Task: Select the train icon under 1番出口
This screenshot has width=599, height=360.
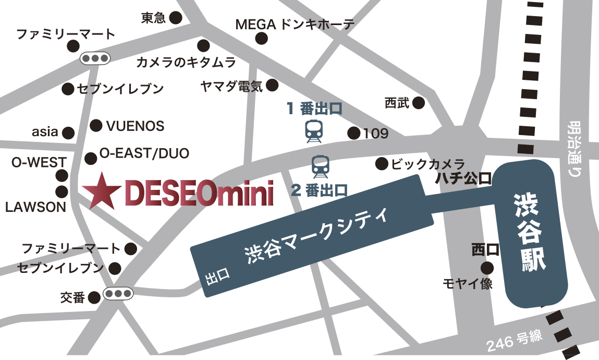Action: tap(314, 131)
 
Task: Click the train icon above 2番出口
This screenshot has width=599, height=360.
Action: tap(320, 166)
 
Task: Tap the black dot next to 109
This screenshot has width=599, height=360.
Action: tap(354, 133)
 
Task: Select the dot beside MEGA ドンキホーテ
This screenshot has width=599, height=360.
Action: tap(262, 38)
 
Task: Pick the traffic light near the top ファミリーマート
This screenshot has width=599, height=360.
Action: tap(95, 58)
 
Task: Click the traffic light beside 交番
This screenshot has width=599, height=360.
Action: tap(118, 294)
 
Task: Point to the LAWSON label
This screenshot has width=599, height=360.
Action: tap(35, 207)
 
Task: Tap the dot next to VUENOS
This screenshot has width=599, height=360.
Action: tap(96, 125)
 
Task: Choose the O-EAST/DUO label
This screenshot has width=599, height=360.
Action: tap(144, 153)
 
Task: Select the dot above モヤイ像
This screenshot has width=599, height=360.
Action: tap(487, 268)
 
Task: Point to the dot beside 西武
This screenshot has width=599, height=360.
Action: tap(419, 103)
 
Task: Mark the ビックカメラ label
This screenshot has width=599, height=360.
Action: tap(427, 164)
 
